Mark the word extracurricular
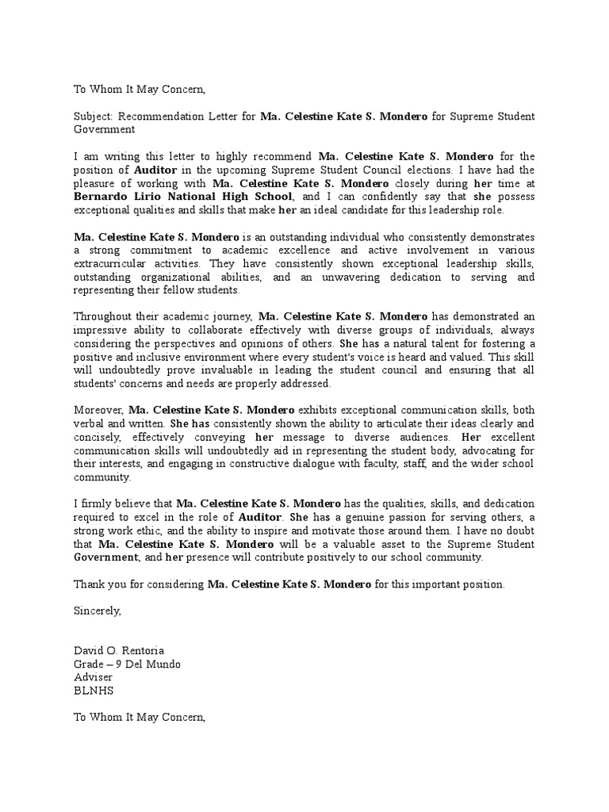tap(110, 263)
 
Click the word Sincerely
tap(97, 611)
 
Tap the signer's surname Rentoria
tap(142, 651)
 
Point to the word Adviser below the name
tap(93, 678)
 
